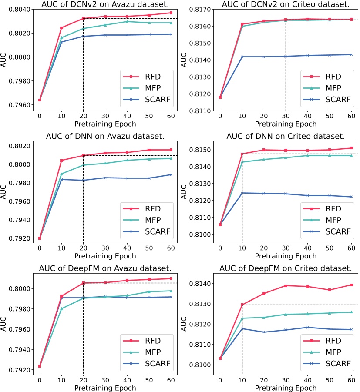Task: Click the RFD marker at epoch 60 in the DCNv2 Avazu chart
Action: (171, 13)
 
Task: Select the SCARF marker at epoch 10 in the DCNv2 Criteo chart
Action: (242, 57)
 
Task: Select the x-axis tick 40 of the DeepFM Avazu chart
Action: (127, 379)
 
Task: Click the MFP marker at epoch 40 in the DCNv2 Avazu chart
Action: (127, 21)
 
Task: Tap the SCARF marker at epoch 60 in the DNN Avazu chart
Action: (171, 174)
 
